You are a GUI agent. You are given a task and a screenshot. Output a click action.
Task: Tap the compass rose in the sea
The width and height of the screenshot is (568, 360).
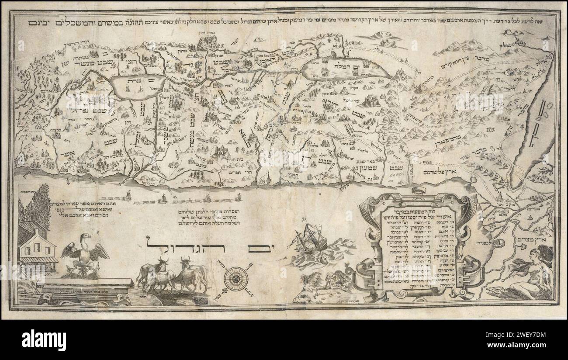tap(236, 277)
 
